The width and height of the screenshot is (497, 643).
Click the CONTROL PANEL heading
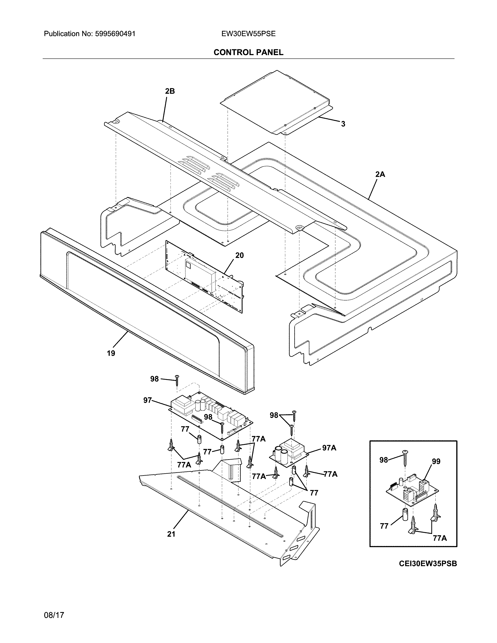pyautogui.click(x=248, y=52)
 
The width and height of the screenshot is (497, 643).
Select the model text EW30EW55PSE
pyautogui.click(x=248, y=34)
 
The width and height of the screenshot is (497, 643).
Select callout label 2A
pyautogui.click(x=380, y=174)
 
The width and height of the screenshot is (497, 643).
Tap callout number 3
pyautogui.click(x=343, y=124)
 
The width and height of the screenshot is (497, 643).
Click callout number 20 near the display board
pyautogui.click(x=239, y=255)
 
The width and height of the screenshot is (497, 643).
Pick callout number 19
pyautogui.click(x=111, y=353)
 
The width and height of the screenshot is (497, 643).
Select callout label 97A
pyautogui.click(x=329, y=448)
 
